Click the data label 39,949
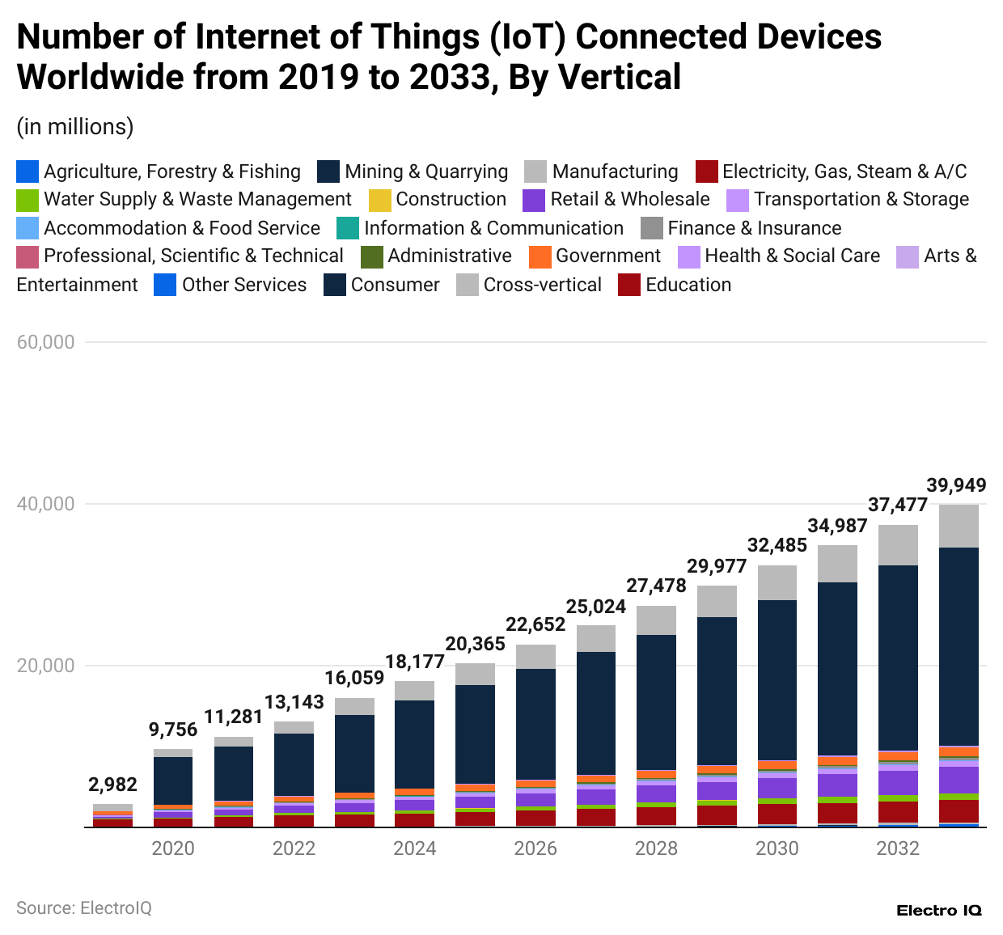tap(956, 485)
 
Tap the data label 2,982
tap(112, 785)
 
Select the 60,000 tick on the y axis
tap(45, 342)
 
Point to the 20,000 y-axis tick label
tap(45, 666)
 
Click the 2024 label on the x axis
tap(414, 848)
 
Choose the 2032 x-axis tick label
tap(898, 848)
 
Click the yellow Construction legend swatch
tap(379, 200)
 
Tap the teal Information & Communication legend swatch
tap(347, 229)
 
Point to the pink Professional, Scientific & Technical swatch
tap(28, 257)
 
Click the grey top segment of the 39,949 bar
tap(959, 526)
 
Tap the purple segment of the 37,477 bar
tap(898, 782)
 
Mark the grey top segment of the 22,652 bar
tap(535, 656)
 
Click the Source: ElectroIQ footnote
tap(84, 908)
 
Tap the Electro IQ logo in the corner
tap(938, 911)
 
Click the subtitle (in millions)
tap(75, 127)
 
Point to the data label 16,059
tap(354, 678)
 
